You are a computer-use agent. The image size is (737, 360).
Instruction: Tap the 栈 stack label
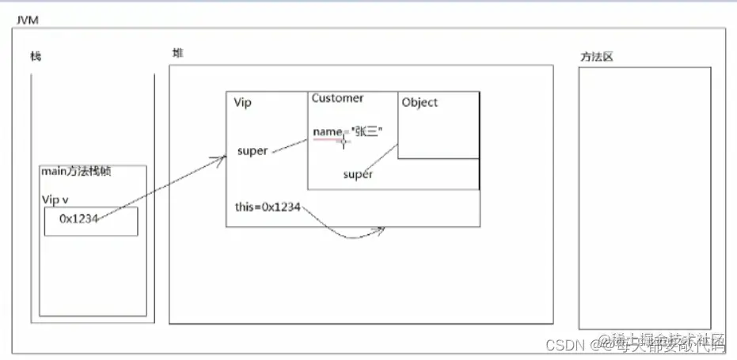(x=36, y=56)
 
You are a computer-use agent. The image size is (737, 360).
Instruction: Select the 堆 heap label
(x=177, y=53)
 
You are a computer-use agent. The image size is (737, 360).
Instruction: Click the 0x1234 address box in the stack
(x=90, y=221)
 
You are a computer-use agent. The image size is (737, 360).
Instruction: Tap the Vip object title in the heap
(x=242, y=103)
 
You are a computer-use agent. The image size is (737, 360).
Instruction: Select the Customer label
(x=337, y=98)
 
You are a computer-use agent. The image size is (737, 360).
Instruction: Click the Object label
(x=420, y=102)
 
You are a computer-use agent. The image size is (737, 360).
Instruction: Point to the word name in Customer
(x=326, y=131)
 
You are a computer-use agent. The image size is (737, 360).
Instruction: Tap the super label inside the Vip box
(x=253, y=150)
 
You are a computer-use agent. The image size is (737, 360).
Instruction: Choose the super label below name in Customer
(x=358, y=174)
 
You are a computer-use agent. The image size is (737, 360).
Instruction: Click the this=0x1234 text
(x=267, y=207)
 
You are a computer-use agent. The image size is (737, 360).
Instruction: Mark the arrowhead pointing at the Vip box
(x=222, y=158)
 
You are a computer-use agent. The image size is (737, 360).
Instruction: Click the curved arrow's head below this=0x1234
(x=382, y=230)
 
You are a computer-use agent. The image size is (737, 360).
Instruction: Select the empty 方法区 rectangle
(x=644, y=198)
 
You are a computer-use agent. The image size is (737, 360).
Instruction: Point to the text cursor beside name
(x=344, y=141)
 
